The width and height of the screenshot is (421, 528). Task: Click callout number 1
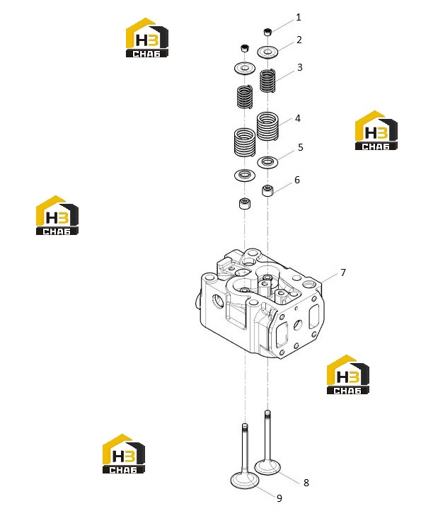[x=298, y=17]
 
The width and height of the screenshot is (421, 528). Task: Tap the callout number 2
[x=299, y=40]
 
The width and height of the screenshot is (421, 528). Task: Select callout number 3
[x=300, y=67]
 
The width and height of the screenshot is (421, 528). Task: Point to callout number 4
[x=297, y=118]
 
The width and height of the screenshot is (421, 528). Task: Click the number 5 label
[x=301, y=147]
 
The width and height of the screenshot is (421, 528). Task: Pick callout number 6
[x=296, y=180]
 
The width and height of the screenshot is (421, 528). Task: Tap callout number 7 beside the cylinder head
[x=343, y=272]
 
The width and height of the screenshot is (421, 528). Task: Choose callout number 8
[x=306, y=483]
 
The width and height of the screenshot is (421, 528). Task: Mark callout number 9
[x=279, y=498]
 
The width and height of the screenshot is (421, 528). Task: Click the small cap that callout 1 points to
[x=267, y=33]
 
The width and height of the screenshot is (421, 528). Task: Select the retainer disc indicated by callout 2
[x=268, y=52]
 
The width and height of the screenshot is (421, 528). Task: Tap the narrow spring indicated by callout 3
[x=267, y=81]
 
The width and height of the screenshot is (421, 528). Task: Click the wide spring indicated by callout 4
[x=267, y=127]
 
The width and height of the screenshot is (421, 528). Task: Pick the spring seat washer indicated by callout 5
[x=267, y=162]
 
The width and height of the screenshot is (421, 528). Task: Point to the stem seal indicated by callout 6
[x=267, y=190]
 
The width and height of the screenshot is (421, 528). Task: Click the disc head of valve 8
[x=267, y=467]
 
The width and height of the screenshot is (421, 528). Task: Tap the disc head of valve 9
[x=245, y=481]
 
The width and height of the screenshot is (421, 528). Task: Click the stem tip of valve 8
[x=267, y=411]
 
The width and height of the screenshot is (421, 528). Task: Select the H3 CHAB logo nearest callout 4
[x=376, y=130]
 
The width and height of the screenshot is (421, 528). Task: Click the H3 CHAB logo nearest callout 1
[x=147, y=38]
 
